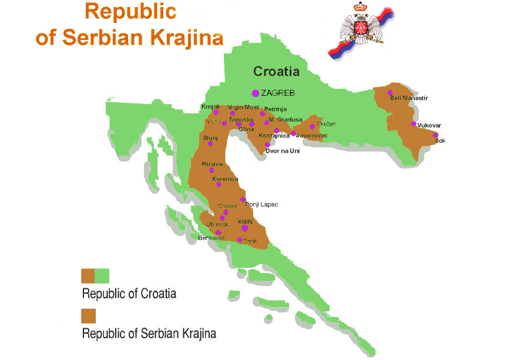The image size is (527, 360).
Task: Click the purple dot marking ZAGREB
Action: (x=255, y=93)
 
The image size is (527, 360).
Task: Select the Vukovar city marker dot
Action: (x=414, y=124)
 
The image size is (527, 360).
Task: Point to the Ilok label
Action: (x=440, y=140)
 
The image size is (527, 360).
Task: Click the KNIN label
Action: (x=244, y=221)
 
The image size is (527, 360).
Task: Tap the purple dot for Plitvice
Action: (x=212, y=170)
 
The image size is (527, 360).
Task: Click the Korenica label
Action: (x=225, y=178)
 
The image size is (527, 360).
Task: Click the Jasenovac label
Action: (x=311, y=136)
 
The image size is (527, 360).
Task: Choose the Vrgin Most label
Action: (x=243, y=107)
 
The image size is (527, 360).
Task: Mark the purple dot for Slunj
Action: (x=210, y=143)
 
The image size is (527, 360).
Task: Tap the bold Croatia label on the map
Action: (x=276, y=72)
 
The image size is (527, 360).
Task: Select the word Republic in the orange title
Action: (x=130, y=11)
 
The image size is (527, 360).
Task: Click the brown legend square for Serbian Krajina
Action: (x=88, y=316)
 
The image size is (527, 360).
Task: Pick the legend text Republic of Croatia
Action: (x=129, y=293)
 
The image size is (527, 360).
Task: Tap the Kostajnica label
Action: (x=274, y=136)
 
